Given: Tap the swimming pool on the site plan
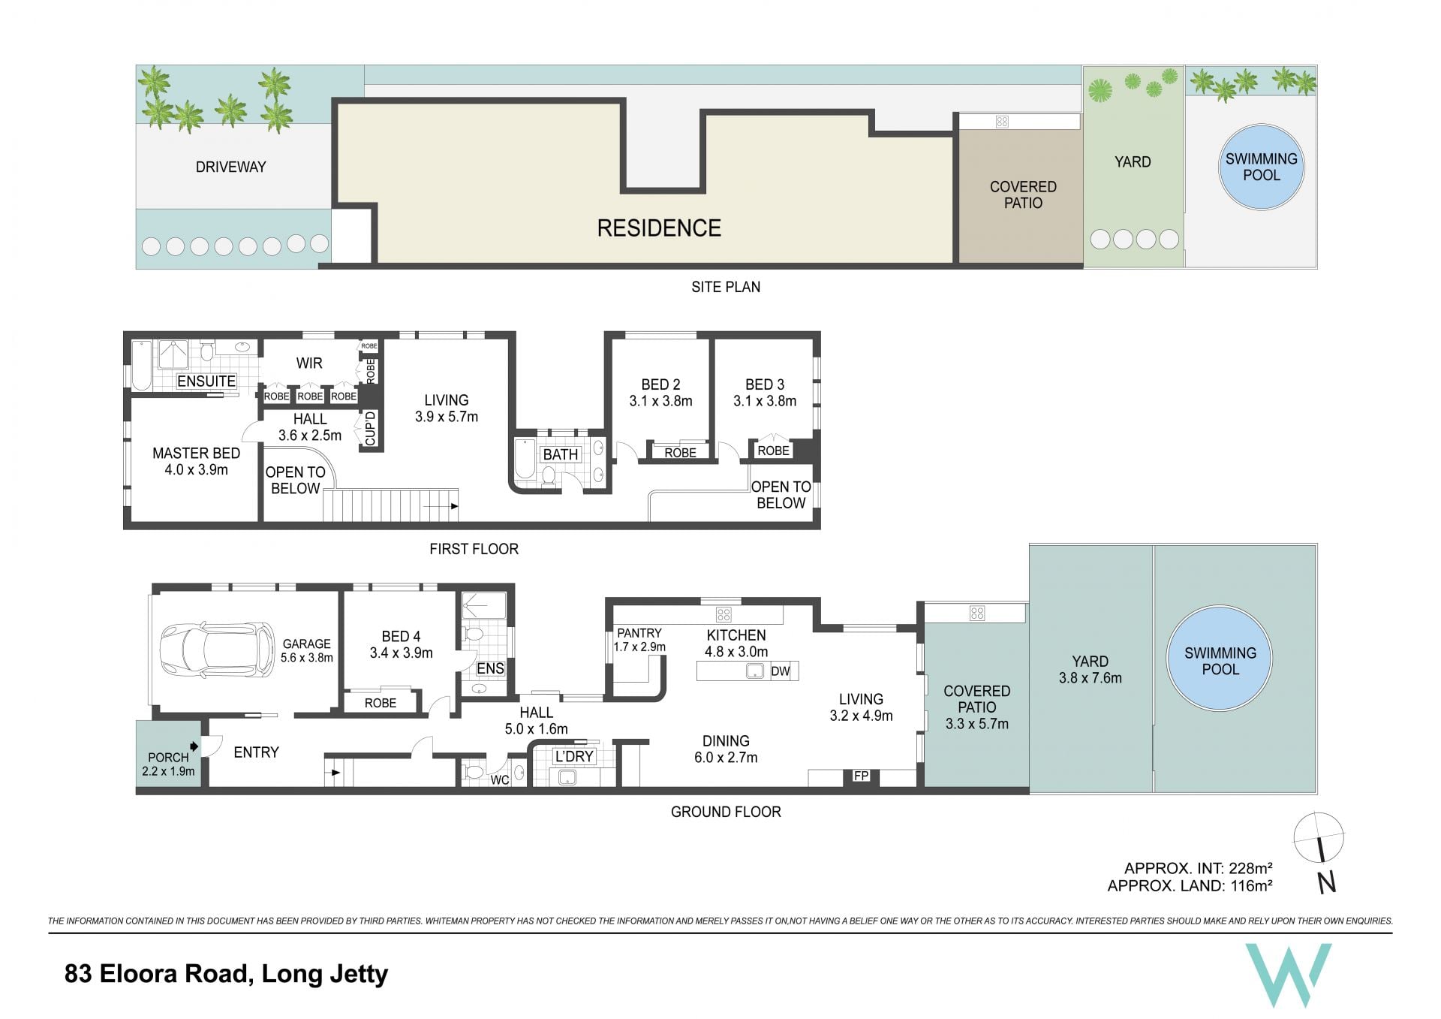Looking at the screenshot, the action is [1261, 167].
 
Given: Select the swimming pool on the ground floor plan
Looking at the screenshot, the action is [1220, 659].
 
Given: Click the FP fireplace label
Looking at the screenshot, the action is [861, 776].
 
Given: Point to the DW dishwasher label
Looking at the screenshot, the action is [781, 671].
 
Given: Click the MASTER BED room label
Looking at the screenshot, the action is [197, 454].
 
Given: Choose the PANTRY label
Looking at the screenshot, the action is [639, 633].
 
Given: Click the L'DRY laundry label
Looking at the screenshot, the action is [574, 756].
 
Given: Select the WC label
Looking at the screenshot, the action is [500, 780].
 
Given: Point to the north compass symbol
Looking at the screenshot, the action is [1320, 852].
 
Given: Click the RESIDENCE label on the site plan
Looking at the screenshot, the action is [659, 228].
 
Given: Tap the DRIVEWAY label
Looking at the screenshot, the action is [231, 167].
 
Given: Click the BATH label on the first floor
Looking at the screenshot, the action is [561, 454].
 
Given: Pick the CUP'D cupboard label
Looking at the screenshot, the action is [370, 429].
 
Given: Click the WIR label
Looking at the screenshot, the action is [309, 363].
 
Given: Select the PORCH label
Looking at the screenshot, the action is [168, 758].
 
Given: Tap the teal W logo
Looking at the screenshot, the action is [1289, 975].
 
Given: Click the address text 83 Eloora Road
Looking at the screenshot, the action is [157, 974].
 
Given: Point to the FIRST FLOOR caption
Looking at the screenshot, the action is [474, 549].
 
